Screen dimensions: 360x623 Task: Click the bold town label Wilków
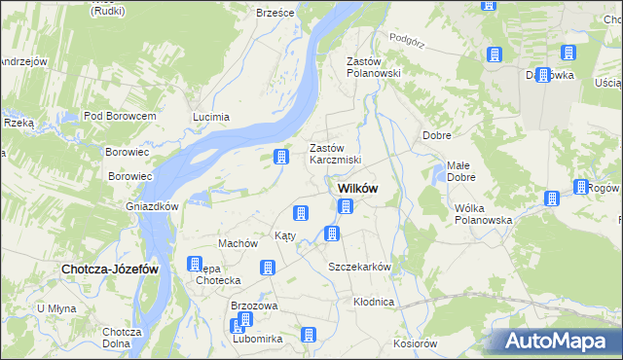click(x=357, y=188)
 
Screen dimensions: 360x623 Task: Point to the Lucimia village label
click(x=211, y=117)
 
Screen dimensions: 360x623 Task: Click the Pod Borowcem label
click(x=121, y=116)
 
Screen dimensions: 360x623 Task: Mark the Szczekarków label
click(x=359, y=267)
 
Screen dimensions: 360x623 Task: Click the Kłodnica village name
click(x=374, y=302)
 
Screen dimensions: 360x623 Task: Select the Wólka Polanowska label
click(x=483, y=214)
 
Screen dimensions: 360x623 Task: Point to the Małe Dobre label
click(x=460, y=172)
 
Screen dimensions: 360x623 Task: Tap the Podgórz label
click(x=408, y=38)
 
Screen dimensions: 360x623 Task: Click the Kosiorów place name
click(x=416, y=343)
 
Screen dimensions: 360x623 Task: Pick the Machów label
click(x=238, y=243)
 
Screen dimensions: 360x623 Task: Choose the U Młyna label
click(x=55, y=308)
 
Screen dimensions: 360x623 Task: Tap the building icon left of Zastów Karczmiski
click(x=281, y=156)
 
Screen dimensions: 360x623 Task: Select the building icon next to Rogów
click(x=581, y=187)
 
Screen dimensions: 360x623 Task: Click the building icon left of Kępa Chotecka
click(x=194, y=264)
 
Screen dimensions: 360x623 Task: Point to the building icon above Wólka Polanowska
click(x=551, y=198)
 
